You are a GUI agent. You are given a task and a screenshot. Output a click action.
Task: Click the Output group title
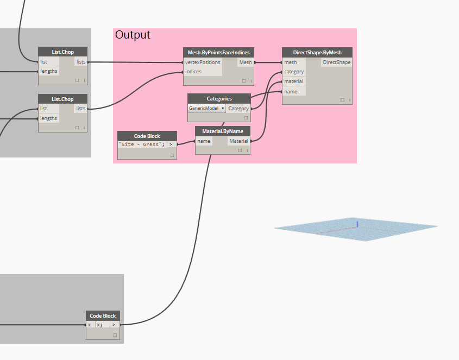click(x=133, y=35)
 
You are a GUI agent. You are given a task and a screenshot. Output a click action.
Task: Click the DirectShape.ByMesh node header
click(x=317, y=53)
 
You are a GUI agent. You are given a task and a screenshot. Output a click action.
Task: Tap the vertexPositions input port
click(x=203, y=62)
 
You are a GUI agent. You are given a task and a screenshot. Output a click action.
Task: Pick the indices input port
click(x=193, y=72)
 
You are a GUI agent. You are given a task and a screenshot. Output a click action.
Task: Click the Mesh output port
click(x=246, y=62)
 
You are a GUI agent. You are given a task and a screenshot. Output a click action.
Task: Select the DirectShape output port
click(x=336, y=62)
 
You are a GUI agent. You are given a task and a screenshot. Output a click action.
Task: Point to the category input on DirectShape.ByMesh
click(x=294, y=72)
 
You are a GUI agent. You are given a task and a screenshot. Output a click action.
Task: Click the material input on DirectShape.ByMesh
click(x=294, y=81)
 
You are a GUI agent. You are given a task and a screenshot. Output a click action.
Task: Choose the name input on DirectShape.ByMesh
click(x=291, y=91)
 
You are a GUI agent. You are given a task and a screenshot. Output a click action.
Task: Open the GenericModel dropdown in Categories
click(x=207, y=109)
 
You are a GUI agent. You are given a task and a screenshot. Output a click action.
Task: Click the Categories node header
click(x=219, y=99)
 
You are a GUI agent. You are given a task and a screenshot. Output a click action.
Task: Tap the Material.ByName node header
click(x=223, y=131)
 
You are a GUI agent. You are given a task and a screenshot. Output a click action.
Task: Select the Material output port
click(x=238, y=141)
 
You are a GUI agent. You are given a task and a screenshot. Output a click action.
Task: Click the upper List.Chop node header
click(x=62, y=52)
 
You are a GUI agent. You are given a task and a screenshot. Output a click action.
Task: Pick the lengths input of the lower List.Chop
click(x=48, y=118)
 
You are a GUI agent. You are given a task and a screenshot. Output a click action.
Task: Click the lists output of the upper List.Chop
click(x=80, y=62)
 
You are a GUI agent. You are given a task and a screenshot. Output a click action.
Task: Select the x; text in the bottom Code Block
click(x=100, y=325)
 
